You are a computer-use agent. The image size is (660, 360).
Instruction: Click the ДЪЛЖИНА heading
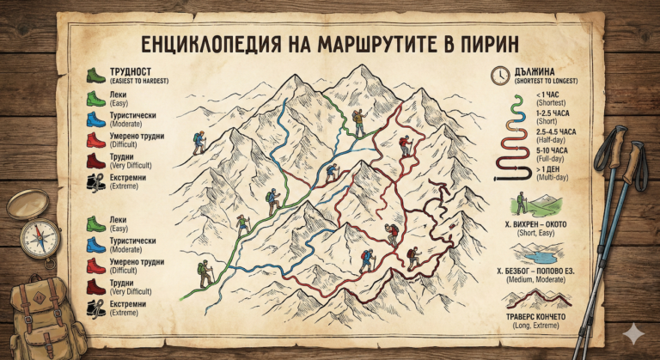(x=534, y=71)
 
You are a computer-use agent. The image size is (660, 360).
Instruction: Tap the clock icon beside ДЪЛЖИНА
(x=499, y=76)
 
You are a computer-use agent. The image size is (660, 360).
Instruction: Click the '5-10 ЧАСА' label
(x=553, y=151)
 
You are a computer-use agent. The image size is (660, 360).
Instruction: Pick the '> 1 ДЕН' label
(x=550, y=170)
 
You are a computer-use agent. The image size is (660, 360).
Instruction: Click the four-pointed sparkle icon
(x=633, y=336)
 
